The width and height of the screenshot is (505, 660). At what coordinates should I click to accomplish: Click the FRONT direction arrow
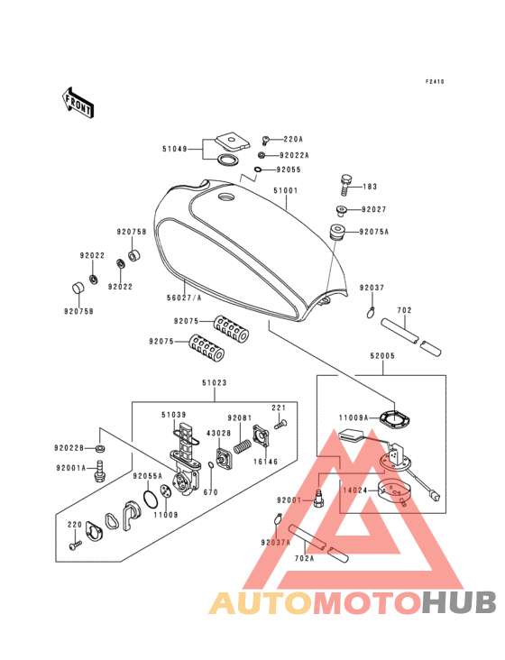pos(77,103)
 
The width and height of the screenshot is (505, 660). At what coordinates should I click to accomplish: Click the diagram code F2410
pos(435,82)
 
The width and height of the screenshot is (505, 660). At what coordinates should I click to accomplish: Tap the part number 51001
pos(285,190)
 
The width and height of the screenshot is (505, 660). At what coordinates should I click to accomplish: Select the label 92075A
pos(373,232)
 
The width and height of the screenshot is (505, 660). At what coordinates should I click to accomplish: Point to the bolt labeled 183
pos(346,185)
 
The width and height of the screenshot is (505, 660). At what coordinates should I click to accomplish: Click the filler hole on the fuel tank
pos(227,197)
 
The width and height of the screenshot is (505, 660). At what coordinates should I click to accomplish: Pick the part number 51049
pos(175,149)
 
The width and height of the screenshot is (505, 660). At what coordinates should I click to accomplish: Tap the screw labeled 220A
pos(265,140)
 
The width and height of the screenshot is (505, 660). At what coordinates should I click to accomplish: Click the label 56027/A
pos(184,298)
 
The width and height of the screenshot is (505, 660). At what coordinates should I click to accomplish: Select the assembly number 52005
pos(382,356)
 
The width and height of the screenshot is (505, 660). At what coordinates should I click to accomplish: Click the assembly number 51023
pos(215,382)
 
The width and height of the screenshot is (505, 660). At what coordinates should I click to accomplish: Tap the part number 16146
pos(265,462)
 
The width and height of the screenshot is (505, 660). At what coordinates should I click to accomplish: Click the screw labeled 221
pos(280,425)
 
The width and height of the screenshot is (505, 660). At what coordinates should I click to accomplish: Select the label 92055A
pos(147,476)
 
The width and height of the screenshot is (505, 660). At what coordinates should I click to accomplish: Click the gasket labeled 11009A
pos(394,418)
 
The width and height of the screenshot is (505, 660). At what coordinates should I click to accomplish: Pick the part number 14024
pos(355,490)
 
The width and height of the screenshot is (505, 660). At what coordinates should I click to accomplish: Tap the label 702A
pos(304,558)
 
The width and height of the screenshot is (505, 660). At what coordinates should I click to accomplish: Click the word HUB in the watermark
pos(460,602)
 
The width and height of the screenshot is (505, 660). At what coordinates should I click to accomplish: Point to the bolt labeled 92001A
pos(99,471)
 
